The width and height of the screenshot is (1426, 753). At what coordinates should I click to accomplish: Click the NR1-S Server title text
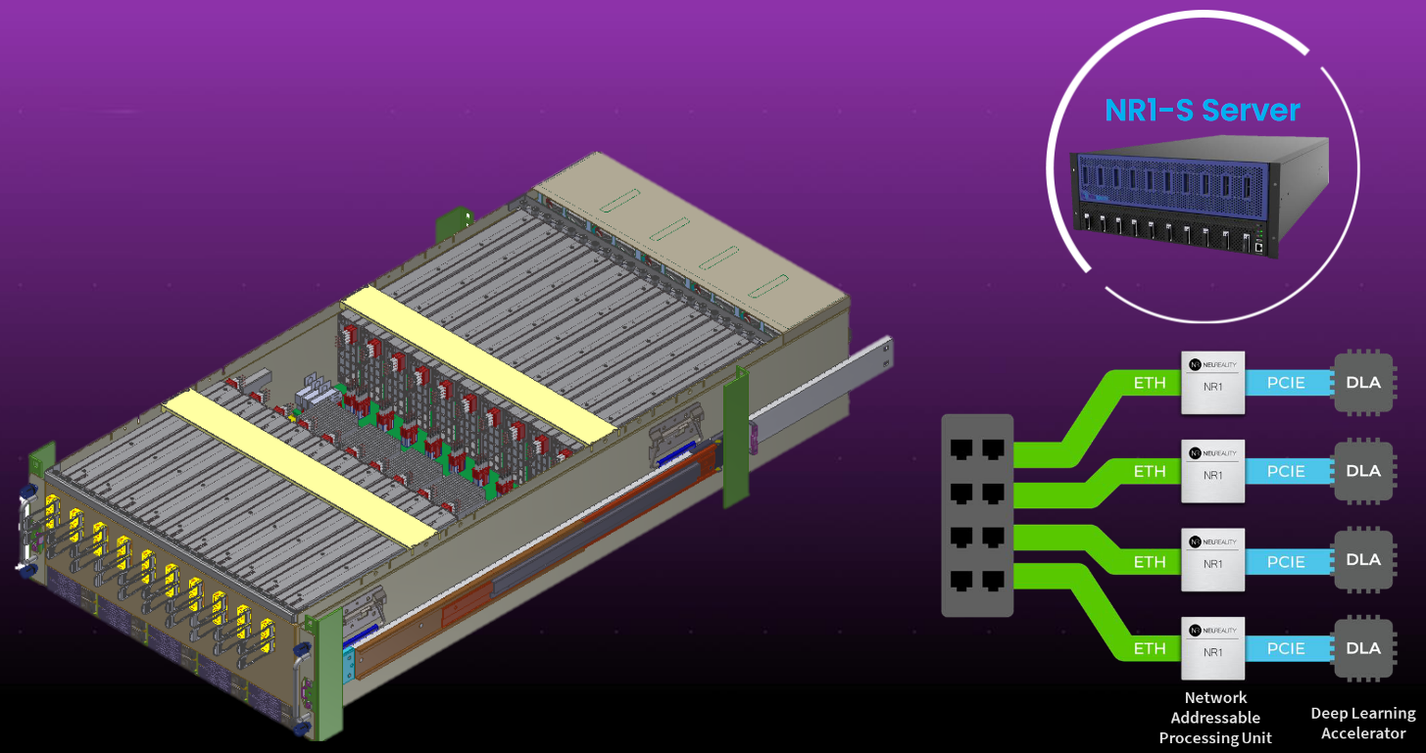point(1202,110)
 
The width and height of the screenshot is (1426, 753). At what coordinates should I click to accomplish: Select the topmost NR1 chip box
point(1212,383)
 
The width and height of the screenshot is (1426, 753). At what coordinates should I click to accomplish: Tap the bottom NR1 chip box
point(1212,648)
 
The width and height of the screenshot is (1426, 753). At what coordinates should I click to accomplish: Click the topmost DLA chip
point(1363,382)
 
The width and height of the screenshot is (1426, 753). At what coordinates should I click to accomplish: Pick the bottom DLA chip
point(1363,648)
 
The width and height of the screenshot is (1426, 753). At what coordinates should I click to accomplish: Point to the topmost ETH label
point(1150,383)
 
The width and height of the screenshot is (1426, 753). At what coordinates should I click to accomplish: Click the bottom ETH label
point(1150,648)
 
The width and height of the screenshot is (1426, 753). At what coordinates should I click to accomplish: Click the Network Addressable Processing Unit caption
point(1215,718)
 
